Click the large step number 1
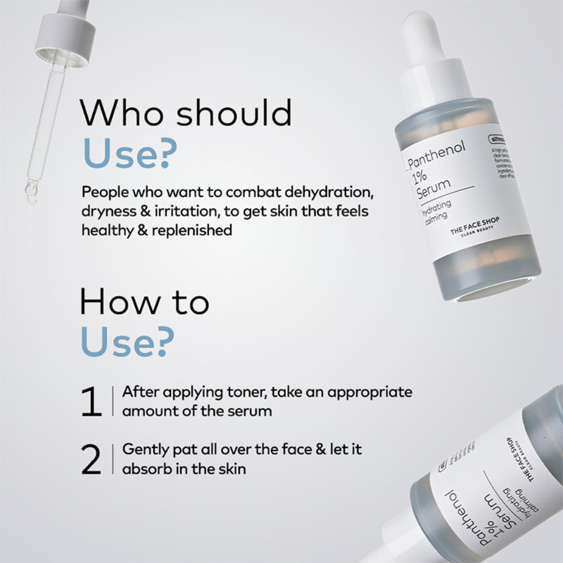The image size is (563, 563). [91, 402]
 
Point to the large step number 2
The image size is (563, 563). [91, 460]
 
